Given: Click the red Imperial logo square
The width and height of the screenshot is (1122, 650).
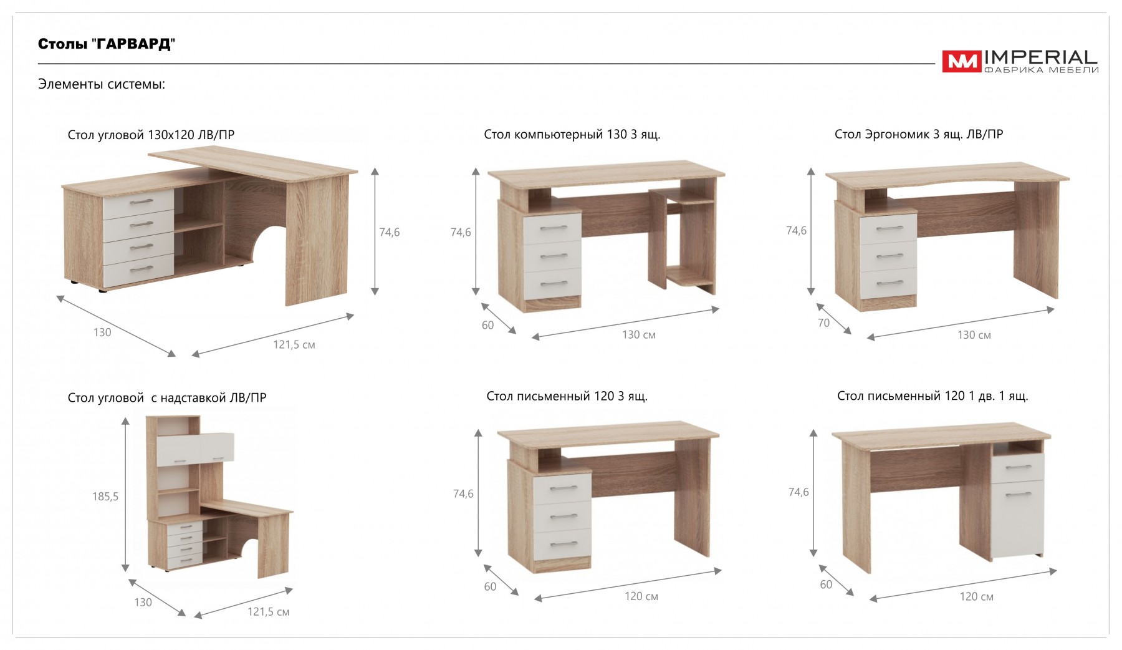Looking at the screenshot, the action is pyautogui.click(x=961, y=62).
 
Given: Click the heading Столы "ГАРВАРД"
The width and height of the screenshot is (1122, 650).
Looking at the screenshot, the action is pyautogui.click(x=107, y=44).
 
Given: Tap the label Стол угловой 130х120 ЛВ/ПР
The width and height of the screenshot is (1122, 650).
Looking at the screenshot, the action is pyautogui.click(x=151, y=135).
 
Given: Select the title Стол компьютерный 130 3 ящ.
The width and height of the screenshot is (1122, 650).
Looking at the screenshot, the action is pyautogui.click(x=572, y=134).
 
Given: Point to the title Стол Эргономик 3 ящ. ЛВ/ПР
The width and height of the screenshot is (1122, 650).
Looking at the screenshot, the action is pyautogui.click(x=919, y=134).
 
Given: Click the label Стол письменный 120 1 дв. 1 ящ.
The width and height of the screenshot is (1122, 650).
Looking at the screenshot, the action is pyautogui.click(x=933, y=396).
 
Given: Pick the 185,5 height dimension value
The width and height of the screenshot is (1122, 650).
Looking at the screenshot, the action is pyautogui.click(x=105, y=497).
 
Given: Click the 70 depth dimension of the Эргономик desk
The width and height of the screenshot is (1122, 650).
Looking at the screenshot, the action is pyautogui.click(x=823, y=323).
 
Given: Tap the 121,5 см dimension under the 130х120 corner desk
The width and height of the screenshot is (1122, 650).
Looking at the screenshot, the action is pyautogui.click(x=294, y=344).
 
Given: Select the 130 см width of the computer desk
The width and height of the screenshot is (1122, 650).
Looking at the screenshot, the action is pyautogui.click(x=639, y=335).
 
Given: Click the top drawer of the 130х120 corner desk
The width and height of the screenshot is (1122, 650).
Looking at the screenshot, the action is pyautogui.click(x=138, y=201).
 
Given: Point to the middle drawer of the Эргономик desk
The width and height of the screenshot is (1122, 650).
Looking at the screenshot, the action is pyautogui.click(x=889, y=256).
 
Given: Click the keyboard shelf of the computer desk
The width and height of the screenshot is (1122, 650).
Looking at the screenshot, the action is pyautogui.click(x=691, y=201).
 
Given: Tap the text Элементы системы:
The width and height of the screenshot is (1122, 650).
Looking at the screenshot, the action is pyautogui.click(x=102, y=84).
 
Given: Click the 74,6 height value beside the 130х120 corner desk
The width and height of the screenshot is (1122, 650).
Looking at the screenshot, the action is pyautogui.click(x=390, y=232).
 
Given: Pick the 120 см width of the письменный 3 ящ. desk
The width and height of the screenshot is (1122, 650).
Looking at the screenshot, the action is pyautogui.click(x=641, y=596).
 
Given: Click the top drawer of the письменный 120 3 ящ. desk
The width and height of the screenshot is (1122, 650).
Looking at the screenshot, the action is pyautogui.click(x=563, y=487).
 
